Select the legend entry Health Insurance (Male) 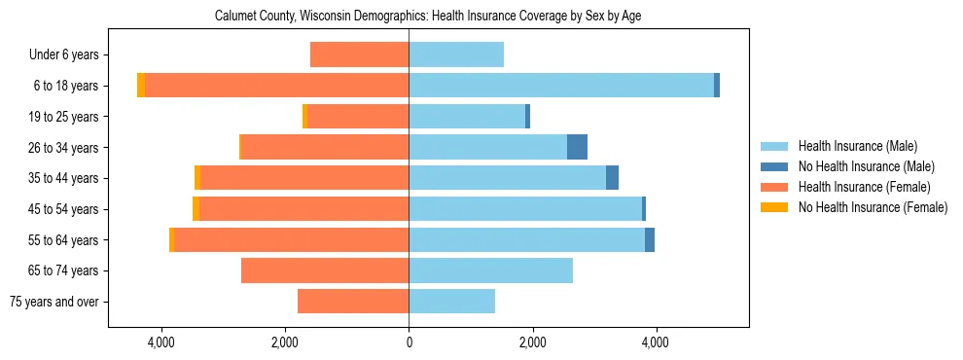[857, 146]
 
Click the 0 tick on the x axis [409, 342]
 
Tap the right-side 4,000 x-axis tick [656, 342]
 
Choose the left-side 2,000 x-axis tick [284, 342]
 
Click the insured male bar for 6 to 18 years [561, 86]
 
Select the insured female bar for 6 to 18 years [276, 86]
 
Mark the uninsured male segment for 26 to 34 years [577, 147]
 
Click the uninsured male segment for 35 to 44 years [612, 178]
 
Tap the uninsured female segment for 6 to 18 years [141, 86]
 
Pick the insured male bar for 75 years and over [451, 301]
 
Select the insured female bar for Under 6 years [359, 54]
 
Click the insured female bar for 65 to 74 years [325, 270]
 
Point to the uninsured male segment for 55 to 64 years [650, 239]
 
